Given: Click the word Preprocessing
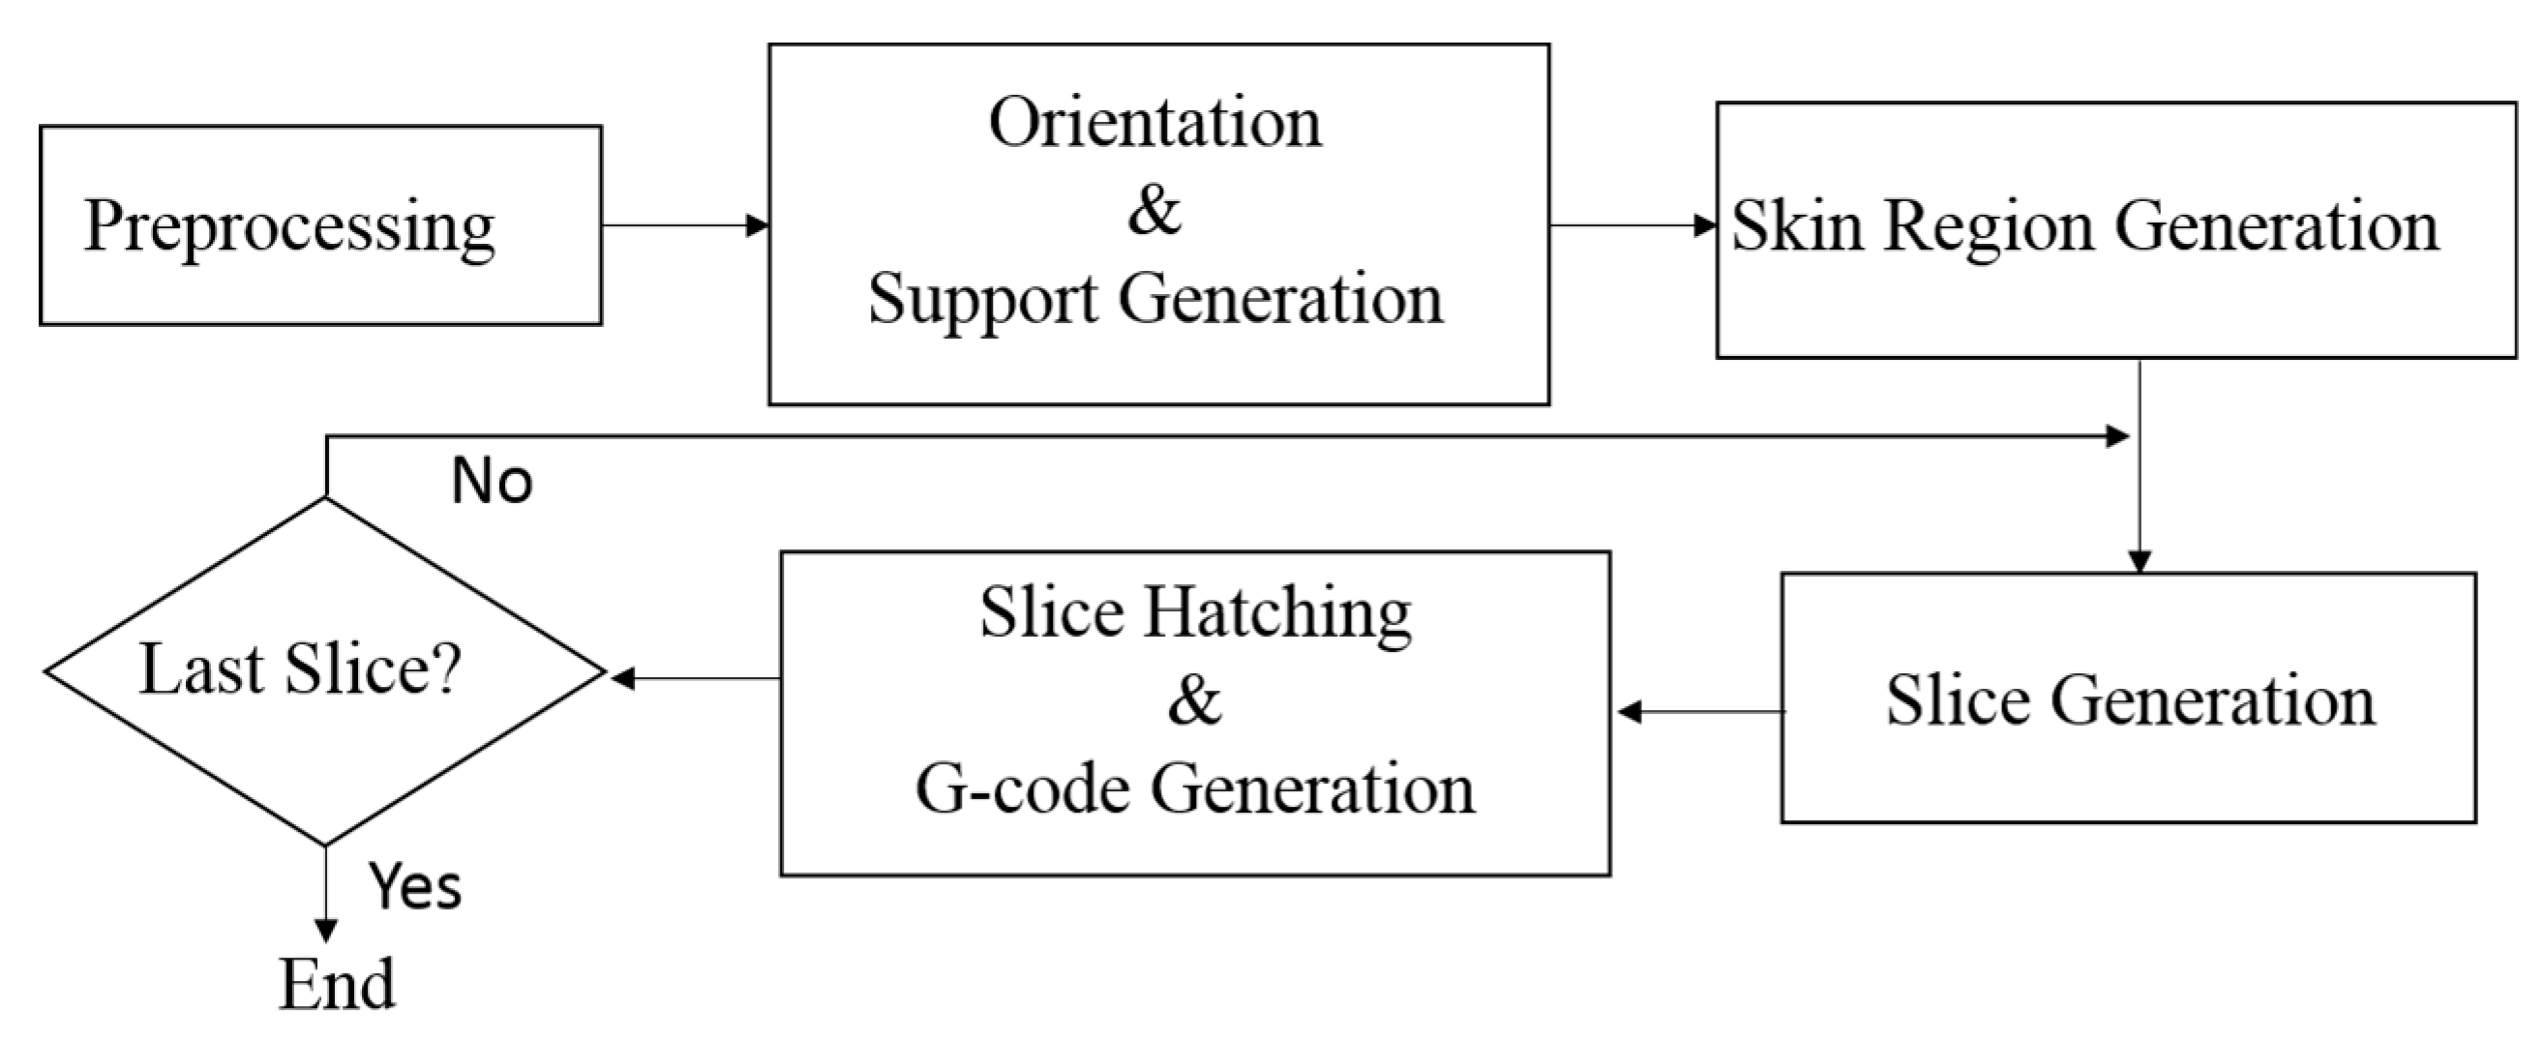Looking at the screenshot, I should [x=288, y=227].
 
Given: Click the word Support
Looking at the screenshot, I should [x=982, y=298].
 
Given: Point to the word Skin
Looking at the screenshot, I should [x=1796, y=226].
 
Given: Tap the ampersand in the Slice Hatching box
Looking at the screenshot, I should [x=1193, y=700].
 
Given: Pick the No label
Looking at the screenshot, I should [x=491, y=482].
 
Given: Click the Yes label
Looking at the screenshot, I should [x=415, y=886].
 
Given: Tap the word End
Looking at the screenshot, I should [x=337, y=985].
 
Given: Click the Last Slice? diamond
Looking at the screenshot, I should [x=324, y=671].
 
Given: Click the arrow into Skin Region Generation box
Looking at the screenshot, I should [x=1632, y=225].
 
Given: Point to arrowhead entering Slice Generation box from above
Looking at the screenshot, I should [x=2139, y=561].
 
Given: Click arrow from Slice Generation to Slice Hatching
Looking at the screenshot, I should [x=1699, y=711].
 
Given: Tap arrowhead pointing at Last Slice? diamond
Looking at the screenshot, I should [x=622, y=678].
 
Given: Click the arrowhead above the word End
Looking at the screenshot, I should [x=326, y=931].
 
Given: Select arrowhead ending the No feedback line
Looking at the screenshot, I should [x=2117, y=435].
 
